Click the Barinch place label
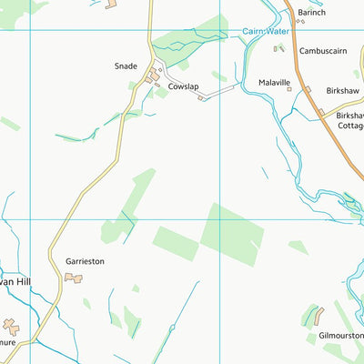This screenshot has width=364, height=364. coord(310,12)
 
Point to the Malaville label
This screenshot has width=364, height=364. coord(274,82)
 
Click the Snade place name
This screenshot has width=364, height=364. coord(125,66)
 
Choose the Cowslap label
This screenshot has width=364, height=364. coord(183,86)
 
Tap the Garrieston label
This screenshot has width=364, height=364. coord(85,261)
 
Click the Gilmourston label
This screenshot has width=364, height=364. coord(341,336)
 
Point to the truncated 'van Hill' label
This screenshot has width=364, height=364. coord(15,282)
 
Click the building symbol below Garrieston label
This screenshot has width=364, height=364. coord(73,278)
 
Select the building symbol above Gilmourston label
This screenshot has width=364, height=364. coord(318,316)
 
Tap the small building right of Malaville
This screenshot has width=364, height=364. coord(308,89)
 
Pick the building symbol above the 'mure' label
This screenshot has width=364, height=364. coord(11,326)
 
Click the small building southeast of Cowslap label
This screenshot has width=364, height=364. coord(201,98)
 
